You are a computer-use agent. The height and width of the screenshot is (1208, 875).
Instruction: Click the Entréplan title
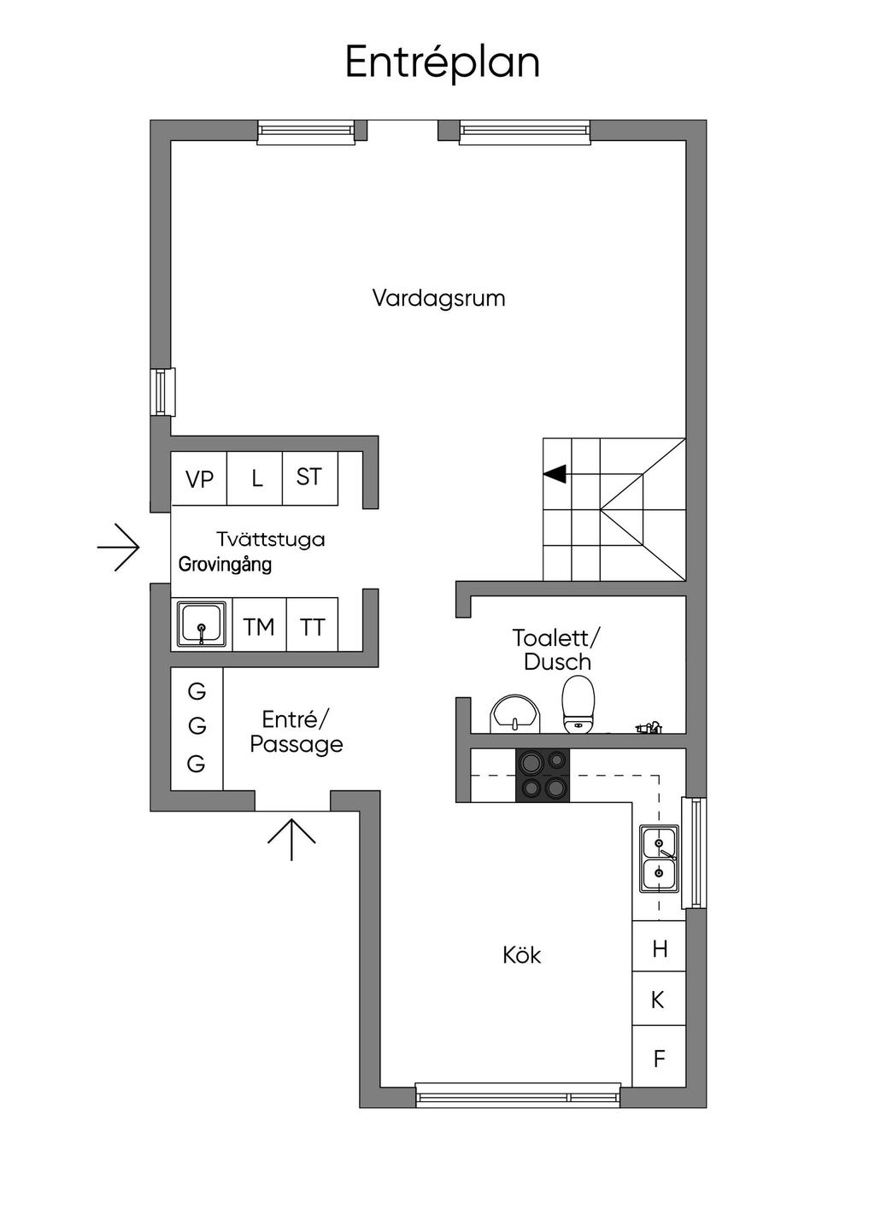442,62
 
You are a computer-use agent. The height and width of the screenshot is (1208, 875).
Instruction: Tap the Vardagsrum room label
438,298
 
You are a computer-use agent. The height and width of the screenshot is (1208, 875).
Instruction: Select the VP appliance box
199,478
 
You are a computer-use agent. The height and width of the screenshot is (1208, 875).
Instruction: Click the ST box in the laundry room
309,477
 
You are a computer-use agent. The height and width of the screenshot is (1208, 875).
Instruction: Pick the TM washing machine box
258,627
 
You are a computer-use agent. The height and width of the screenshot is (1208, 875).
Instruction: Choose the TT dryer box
312,627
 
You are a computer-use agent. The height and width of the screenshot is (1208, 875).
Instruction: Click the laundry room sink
202,625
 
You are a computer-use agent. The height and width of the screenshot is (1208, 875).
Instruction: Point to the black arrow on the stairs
555,472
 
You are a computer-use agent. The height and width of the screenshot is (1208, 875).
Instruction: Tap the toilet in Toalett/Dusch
578,704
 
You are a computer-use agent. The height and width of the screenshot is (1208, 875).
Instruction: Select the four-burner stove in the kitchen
543,775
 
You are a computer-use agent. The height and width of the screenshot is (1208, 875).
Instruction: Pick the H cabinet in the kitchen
659,947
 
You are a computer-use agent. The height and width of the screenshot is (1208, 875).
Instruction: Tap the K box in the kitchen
658,999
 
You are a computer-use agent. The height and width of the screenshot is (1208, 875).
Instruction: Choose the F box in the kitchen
659,1058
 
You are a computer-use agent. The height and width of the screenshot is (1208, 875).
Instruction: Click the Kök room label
521,954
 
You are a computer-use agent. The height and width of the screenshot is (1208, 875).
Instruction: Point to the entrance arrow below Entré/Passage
291,838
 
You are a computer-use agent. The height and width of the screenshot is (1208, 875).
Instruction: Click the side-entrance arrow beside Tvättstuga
119,547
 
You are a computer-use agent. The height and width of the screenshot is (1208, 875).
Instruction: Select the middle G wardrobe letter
197,726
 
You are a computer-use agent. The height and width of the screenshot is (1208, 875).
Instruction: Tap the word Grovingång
225,564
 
